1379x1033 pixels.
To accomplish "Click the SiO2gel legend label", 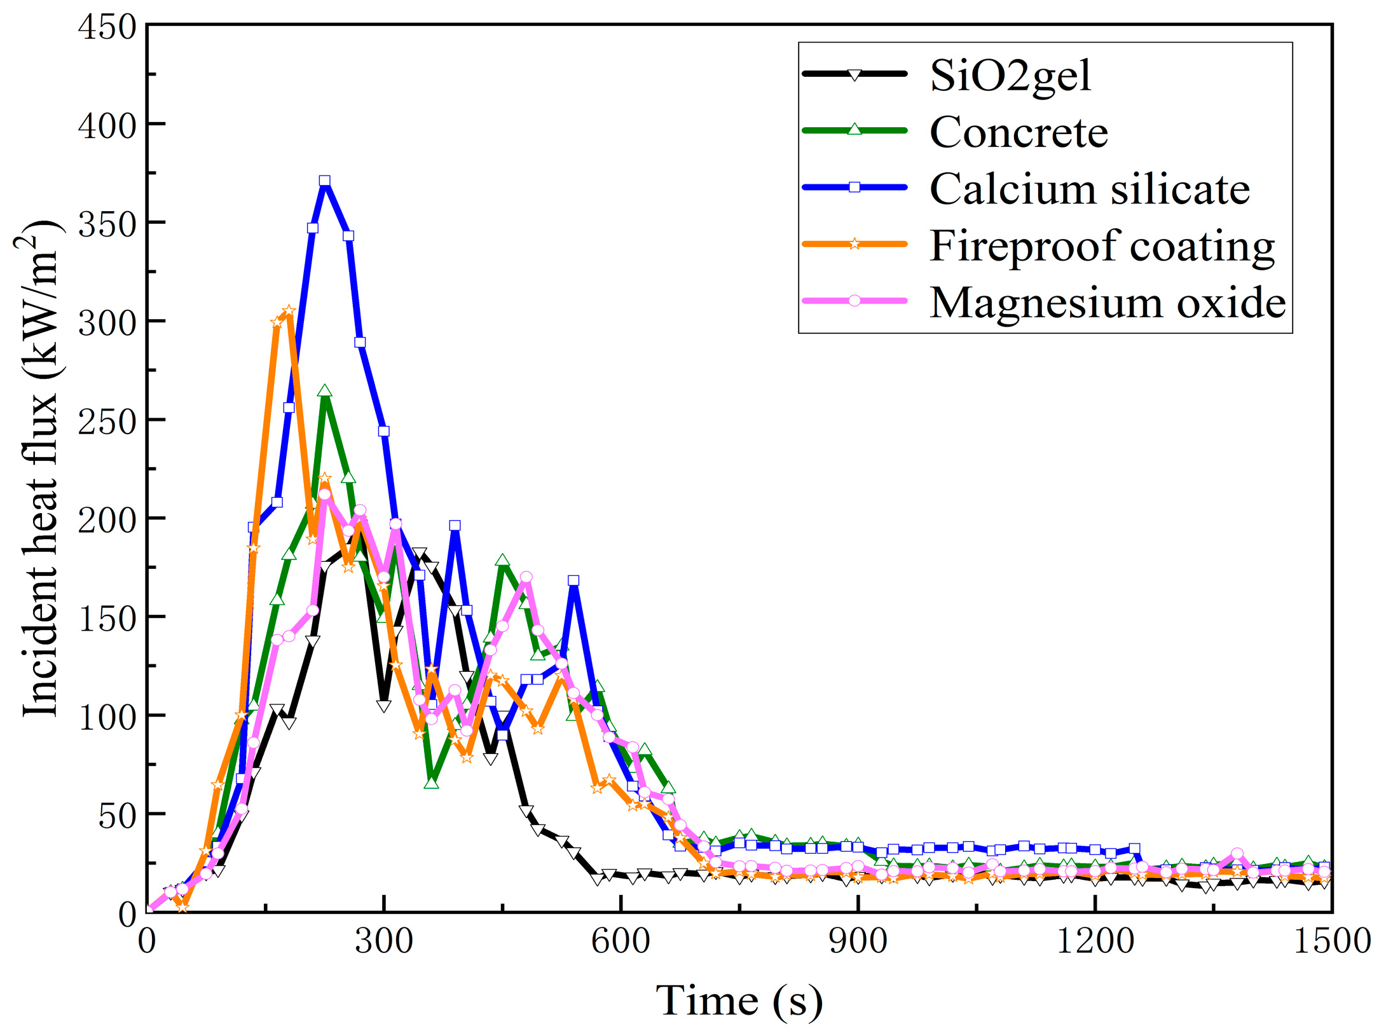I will pyautogui.click(x=1010, y=76).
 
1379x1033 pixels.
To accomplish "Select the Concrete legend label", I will pyautogui.click(x=1019, y=132).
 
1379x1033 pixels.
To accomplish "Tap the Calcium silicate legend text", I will pyautogui.click(x=1089, y=189).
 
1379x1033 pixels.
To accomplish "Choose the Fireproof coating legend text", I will pyautogui.click(x=1102, y=245).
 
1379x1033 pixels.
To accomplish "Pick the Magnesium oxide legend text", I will pyautogui.click(x=1108, y=302).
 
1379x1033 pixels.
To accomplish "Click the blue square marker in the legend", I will pyautogui.click(x=854, y=187).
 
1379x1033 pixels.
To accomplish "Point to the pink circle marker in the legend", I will pyautogui.click(x=854, y=301).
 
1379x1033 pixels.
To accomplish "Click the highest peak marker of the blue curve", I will pyautogui.click(x=324, y=181).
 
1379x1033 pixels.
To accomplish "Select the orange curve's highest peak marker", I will pyautogui.click(x=289, y=311).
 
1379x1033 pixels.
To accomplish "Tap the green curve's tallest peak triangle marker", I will pyautogui.click(x=325, y=391).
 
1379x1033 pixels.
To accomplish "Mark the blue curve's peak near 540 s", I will pyautogui.click(x=573, y=580).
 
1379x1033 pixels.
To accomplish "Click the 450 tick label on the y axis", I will pyautogui.click(x=107, y=27).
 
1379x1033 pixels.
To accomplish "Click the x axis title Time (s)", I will pyautogui.click(x=739, y=1001).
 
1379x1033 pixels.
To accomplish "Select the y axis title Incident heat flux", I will pyautogui.click(x=39, y=469).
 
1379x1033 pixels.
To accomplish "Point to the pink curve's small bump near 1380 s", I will pyautogui.click(x=1237, y=854).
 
